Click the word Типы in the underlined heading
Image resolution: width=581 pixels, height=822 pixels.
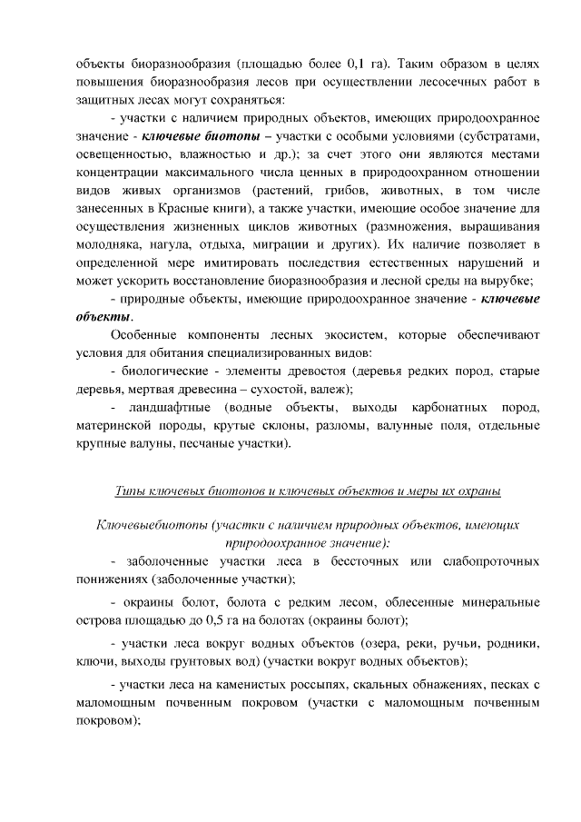(x=130, y=490)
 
